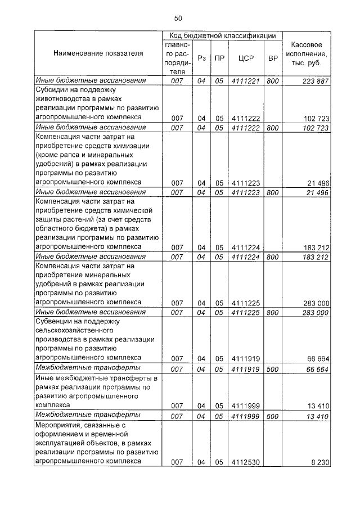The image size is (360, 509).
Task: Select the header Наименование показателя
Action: pyautogui.click(x=98, y=53)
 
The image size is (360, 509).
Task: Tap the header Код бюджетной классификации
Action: pyautogui.click(x=222, y=35)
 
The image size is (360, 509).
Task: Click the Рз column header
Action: pyautogui.click(x=202, y=58)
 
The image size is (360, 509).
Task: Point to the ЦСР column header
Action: pyautogui.click(x=244, y=58)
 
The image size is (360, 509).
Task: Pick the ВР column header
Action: pyautogui.click(x=273, y=58)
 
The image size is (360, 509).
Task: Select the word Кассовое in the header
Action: pyautogui.click(x=307, y=44)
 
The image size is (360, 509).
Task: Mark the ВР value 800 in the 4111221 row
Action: pyautogui.click(x=273, y=81)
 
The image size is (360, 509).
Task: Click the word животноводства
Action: pyautogui.click(x=64, y=100)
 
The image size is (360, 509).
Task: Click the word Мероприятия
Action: pyautogui.click(x=60, y=425)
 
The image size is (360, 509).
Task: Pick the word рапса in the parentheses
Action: pyautogui.click(x=69, y=155)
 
